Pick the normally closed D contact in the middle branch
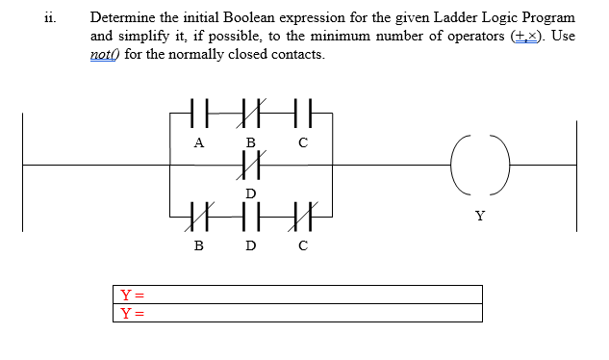tap(251, 164)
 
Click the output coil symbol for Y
tap(479, 165)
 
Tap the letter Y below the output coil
tap(479, 215)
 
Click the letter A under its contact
tap(198, 142)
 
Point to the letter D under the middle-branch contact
tap(251, 193)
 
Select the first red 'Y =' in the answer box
tap(131, 295)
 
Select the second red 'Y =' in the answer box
tap(131, 313)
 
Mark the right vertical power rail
tap(577, 176)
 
